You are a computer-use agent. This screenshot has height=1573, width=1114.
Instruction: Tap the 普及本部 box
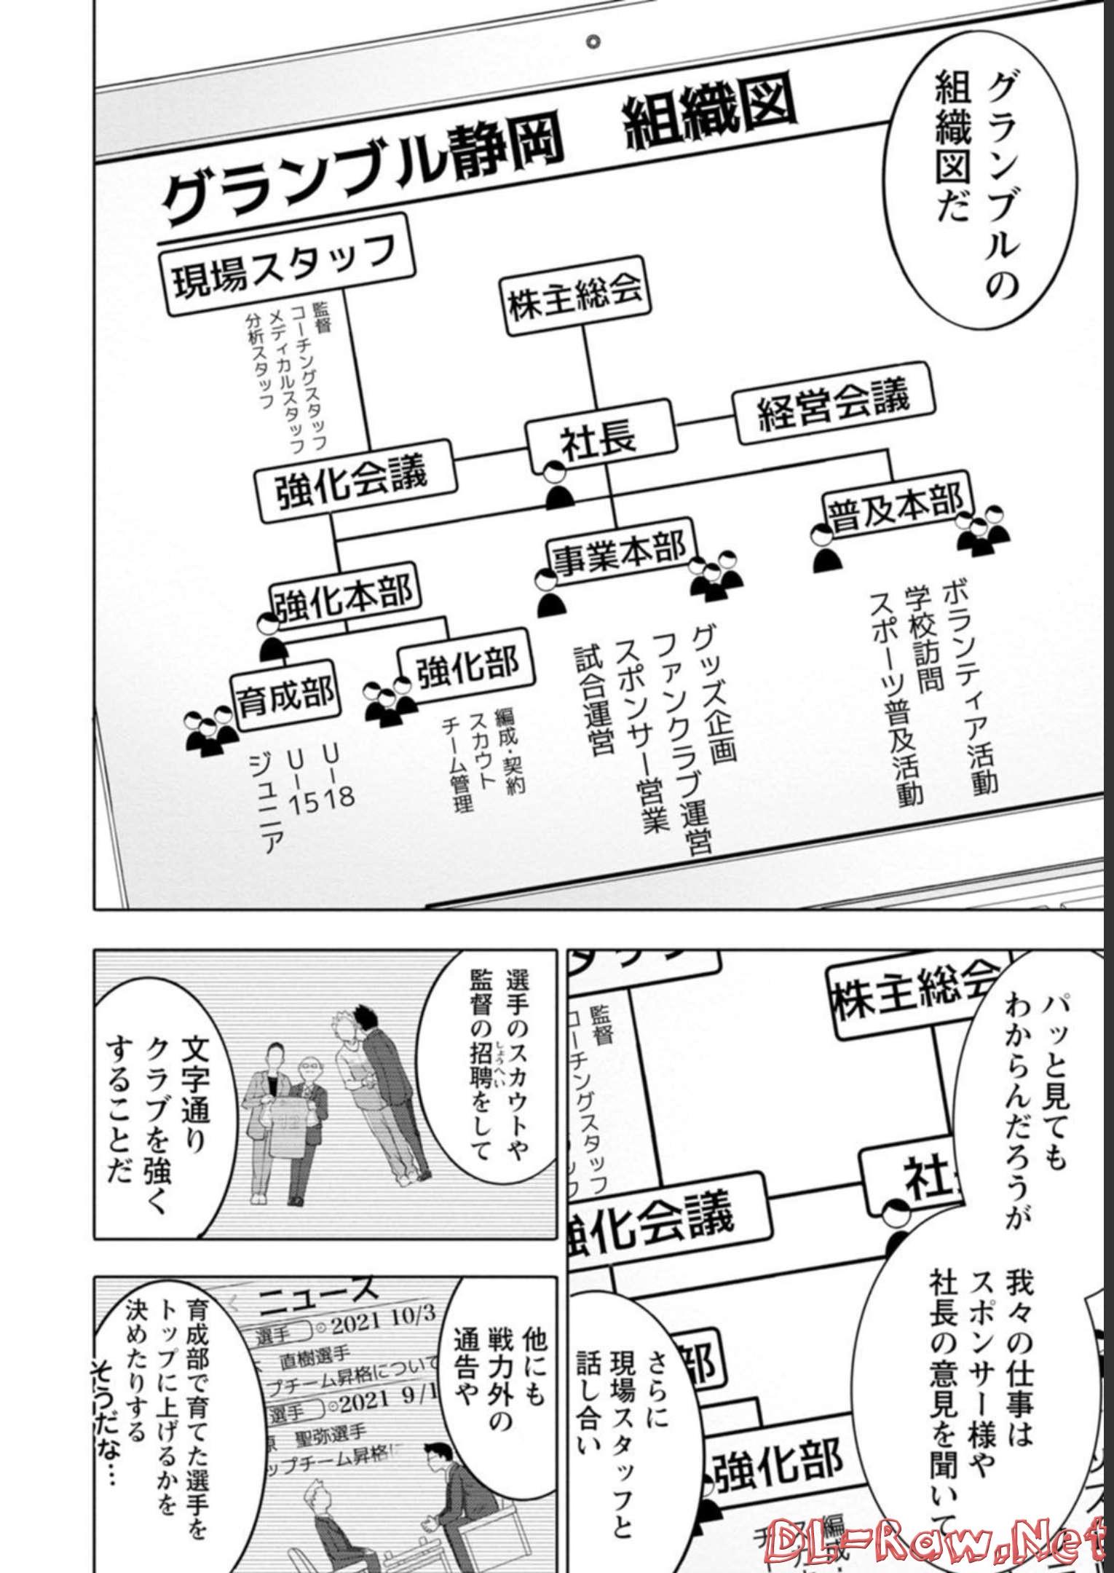coord(896,509)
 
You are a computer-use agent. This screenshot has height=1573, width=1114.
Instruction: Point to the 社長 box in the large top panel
coord(599,437)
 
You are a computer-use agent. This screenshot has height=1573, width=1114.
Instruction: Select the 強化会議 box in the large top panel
coord(355,481)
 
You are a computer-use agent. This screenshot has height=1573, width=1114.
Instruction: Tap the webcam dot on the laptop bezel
coord(593,42)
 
